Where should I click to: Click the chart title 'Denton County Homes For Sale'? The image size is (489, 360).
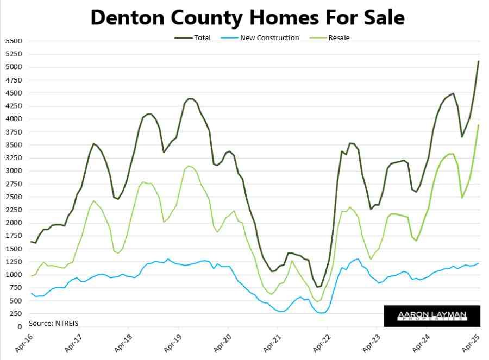pos(247,17)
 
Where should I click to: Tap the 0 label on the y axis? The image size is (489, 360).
pos(18,327)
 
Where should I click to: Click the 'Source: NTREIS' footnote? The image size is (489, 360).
pos(54,324)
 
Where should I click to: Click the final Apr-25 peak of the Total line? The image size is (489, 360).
pos(478,61)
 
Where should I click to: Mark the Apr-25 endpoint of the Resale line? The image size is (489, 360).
pos(478,125)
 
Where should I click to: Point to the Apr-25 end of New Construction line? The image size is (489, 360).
pos(478,263)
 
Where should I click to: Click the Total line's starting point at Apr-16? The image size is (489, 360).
pos(32,242)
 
